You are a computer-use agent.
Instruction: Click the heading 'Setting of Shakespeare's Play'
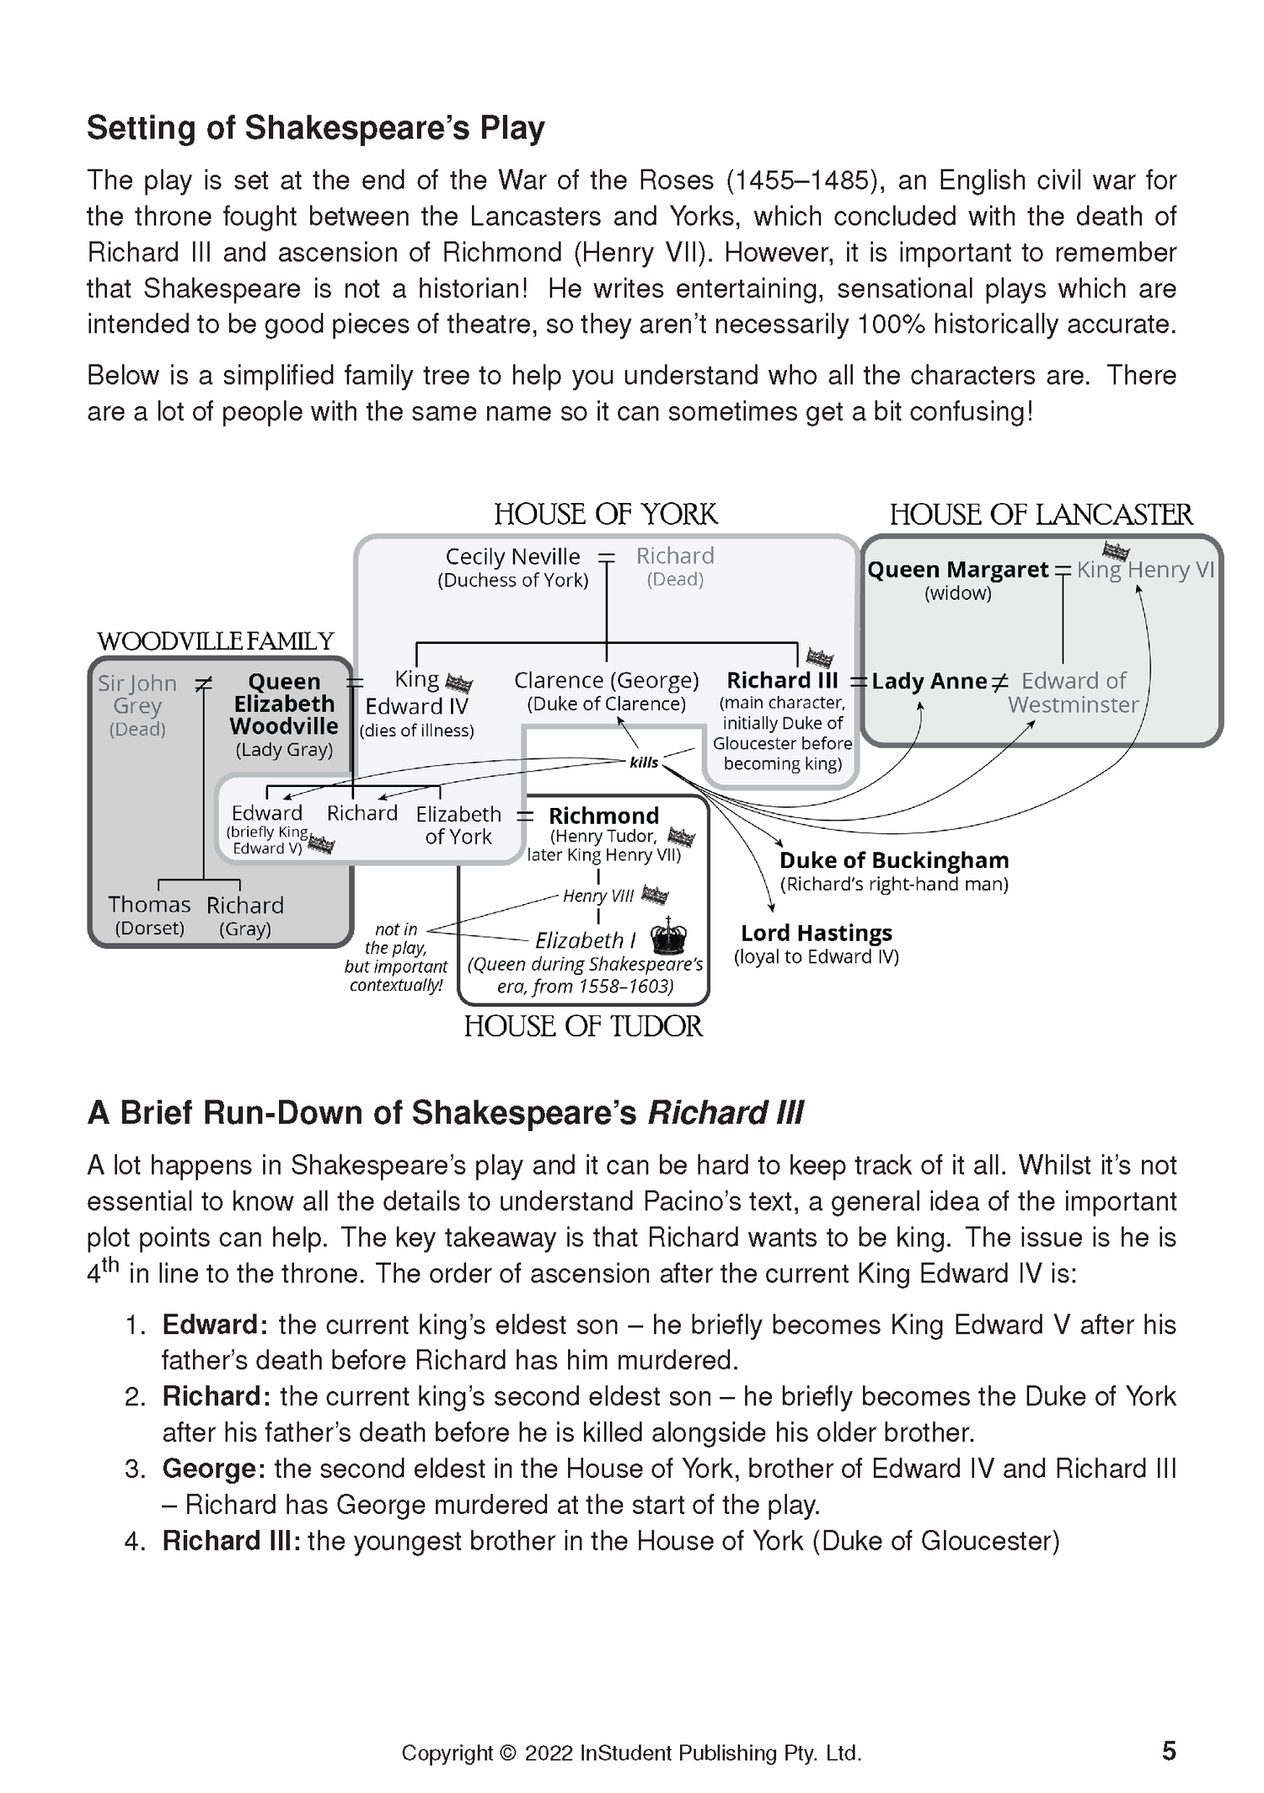(315, 128)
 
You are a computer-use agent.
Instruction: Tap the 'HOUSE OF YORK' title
(605, 514)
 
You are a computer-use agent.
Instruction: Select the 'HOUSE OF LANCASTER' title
(1041, 515)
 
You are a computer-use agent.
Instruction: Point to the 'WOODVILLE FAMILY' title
(216, 641)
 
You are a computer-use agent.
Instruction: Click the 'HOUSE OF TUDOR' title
(582, 1026)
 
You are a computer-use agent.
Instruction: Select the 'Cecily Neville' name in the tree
(512, 557)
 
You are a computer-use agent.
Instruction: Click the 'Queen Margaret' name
(957, 570)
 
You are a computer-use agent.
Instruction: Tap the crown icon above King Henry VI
(1116, 552)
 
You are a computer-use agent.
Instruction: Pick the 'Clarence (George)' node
(606, 680)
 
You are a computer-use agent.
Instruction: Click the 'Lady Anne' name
(929, 681)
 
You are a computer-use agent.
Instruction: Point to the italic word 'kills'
(644, 763)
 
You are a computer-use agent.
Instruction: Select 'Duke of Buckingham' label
(893, 860)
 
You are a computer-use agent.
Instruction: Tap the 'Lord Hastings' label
(816, 933)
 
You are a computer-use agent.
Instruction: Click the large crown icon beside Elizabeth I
(670, 936)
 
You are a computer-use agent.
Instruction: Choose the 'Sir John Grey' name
(137, 694)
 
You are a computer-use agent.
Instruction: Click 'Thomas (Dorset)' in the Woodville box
(149, 915)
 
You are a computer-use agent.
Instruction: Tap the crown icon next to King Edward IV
(458, 683)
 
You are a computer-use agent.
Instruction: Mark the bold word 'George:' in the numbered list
(214, 1469)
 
